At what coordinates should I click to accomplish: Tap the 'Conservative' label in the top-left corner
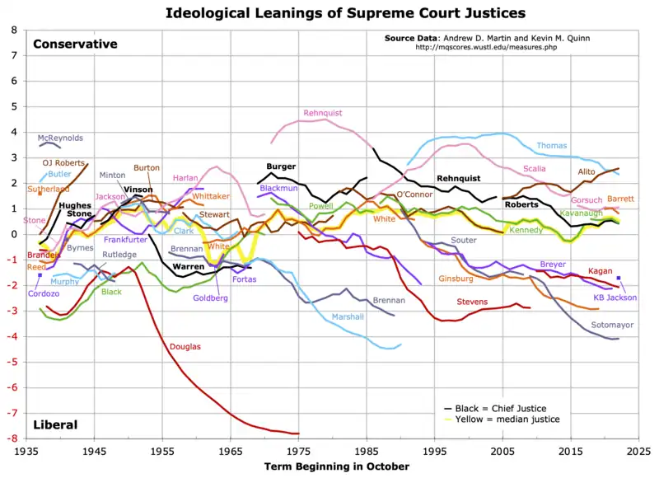(x=75, y=45)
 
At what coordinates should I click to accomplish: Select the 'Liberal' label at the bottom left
(x=55, y=425)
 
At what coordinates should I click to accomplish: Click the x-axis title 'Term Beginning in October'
(x=336, y=466)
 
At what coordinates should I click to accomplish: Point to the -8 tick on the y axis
(x=14, y=438)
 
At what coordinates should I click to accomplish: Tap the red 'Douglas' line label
(x=185, y=347)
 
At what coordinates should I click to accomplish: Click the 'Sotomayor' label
(x=612, y=326)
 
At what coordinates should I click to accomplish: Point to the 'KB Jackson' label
(x=615, y=298)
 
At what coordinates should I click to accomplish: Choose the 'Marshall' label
(x=347, y=317)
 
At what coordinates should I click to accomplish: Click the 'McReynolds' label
(x=60, y=138)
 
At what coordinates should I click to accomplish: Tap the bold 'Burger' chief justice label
(x=281, y=166)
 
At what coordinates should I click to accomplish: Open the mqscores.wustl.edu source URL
(x=487, y=48)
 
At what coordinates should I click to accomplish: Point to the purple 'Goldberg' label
(x=210, y=298)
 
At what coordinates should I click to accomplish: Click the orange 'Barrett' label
(x=620, y=199)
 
